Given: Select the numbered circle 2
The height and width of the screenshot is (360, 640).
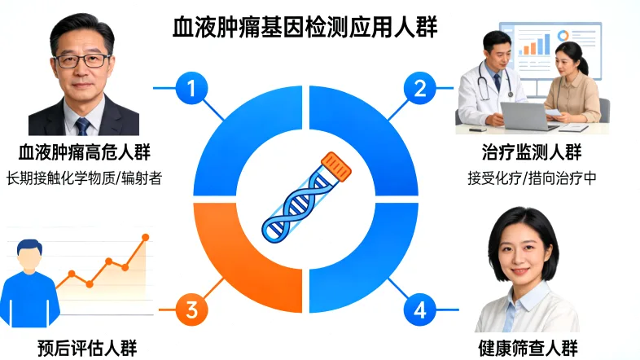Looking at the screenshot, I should (x=420, y=87).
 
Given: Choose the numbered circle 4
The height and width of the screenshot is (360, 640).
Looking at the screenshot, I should (x=420, y=309).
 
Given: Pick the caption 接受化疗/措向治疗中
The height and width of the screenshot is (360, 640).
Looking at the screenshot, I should (x=533, y=178).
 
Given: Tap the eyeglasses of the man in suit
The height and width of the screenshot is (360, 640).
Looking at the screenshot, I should (x=82, y=59).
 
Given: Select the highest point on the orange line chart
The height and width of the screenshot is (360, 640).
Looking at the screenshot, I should (x=146, y=237).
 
